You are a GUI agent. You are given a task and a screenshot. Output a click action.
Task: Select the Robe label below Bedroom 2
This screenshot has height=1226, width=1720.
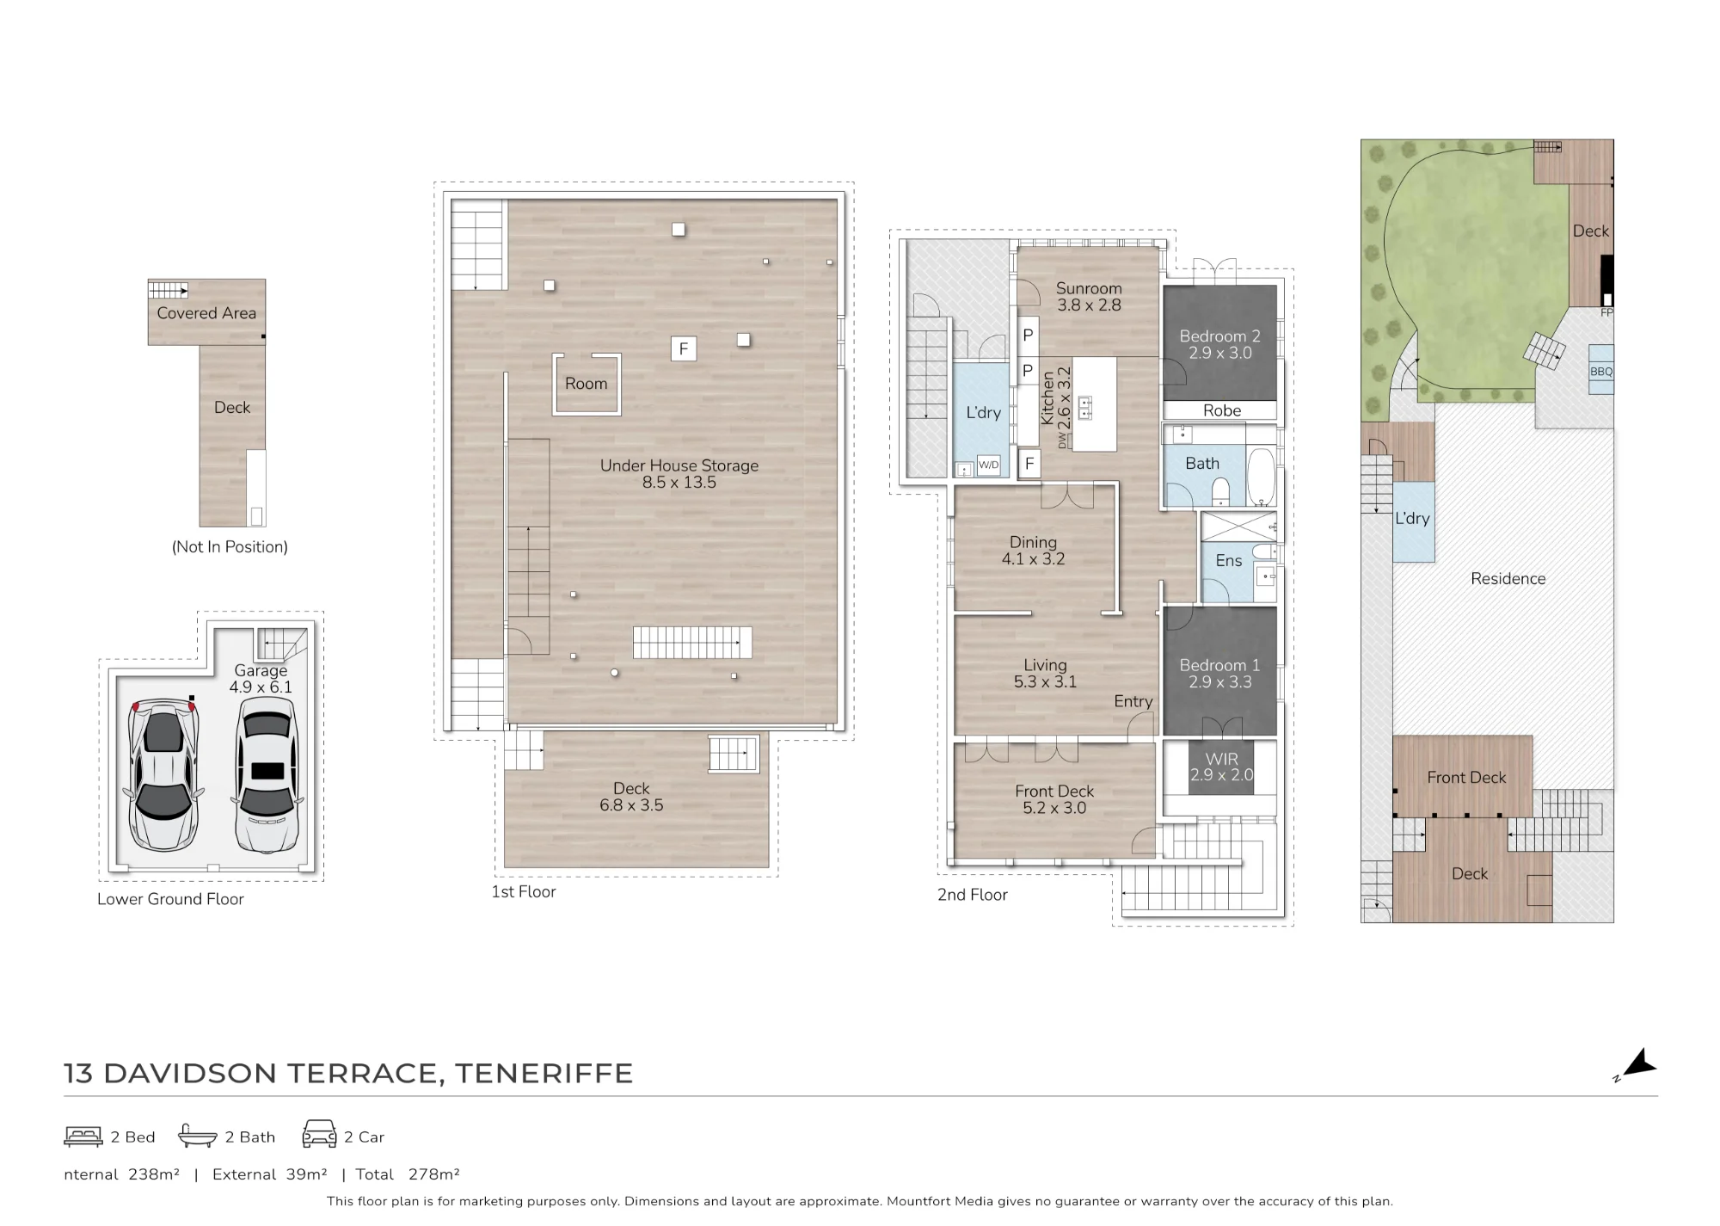click(1222, 410)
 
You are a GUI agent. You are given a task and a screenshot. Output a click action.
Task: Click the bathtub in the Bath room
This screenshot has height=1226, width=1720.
click(1261, 476)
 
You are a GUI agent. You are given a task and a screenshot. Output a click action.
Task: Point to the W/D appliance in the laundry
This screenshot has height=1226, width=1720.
click(989, 465)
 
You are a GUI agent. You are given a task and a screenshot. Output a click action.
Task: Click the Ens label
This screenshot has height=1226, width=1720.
click(1229, 561)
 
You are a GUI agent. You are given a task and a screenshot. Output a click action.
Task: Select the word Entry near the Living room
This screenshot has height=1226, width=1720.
click(1133, 701)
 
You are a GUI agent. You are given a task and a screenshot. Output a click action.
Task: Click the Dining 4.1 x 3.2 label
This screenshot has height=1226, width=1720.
click(1033, 551)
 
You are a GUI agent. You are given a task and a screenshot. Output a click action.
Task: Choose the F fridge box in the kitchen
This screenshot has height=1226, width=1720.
click(1029, 465)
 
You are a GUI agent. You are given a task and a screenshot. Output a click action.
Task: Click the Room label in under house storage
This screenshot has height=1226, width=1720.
click(586, 384)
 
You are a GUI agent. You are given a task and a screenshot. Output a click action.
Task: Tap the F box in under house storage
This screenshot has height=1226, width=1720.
click(684, 348)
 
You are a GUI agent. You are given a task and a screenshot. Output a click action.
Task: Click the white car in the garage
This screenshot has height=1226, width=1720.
click(267, 774)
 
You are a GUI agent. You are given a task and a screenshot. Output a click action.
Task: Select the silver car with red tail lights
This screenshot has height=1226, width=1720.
click(163, 774)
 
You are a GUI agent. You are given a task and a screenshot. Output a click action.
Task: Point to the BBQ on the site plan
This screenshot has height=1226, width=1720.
click(1601, 370)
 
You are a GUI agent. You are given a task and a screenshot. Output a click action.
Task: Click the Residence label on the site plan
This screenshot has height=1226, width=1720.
click(1508, 579)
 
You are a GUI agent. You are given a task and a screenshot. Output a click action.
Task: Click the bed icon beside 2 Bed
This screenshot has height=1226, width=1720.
click(83, 1137)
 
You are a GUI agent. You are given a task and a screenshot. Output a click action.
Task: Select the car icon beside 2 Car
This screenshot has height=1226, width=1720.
click(319, 1134)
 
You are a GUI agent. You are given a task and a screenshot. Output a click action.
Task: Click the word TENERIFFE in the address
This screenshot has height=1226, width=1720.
click(544, 1074)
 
